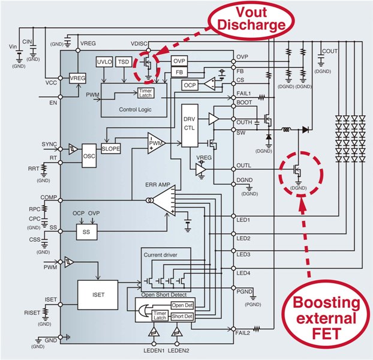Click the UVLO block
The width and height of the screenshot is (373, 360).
coord(104,63)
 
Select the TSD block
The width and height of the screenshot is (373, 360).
coord(124,63)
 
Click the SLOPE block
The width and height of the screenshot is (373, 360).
coord(112,148)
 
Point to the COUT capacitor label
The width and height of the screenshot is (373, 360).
coord(330,51)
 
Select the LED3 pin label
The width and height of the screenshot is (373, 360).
coord(243,255)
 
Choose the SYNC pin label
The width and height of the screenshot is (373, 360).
coord(50,145)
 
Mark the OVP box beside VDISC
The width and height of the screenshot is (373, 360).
coord(179,62)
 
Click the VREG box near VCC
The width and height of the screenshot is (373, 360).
coord(78,79)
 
